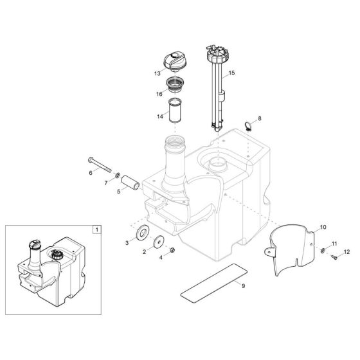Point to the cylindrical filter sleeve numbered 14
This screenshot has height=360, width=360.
tap(176, 110)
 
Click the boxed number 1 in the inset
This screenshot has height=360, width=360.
tap(96, 229)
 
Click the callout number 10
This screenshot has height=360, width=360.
tap(323, 228)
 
